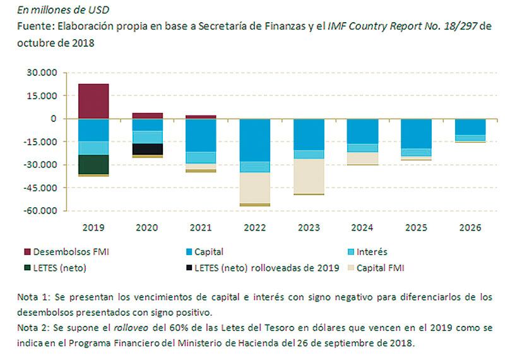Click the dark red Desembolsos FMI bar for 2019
93,101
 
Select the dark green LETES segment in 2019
93,164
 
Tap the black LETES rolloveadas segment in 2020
148,148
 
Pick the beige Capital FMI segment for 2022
255,188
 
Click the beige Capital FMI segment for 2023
309,176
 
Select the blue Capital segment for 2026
471,126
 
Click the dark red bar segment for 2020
148,116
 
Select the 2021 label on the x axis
201,227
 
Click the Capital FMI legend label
381,267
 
